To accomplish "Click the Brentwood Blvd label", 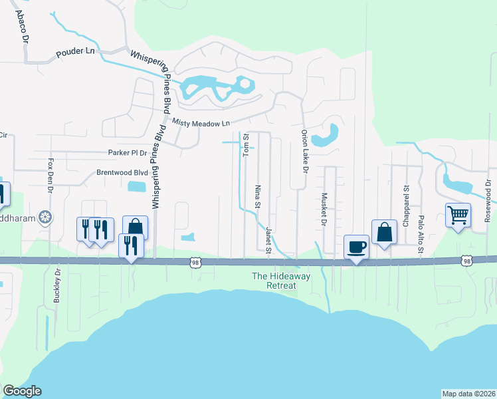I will tap(122, 172).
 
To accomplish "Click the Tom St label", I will tap(245, 146).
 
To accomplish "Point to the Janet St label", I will tap(269, 240).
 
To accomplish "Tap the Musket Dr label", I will tap(325, 209).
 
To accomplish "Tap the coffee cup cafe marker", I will tap(356, 246).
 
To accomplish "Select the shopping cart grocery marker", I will tap(458, 215).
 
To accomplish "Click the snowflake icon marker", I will tap(45, 217).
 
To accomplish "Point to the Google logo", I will tap(22, 391).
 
